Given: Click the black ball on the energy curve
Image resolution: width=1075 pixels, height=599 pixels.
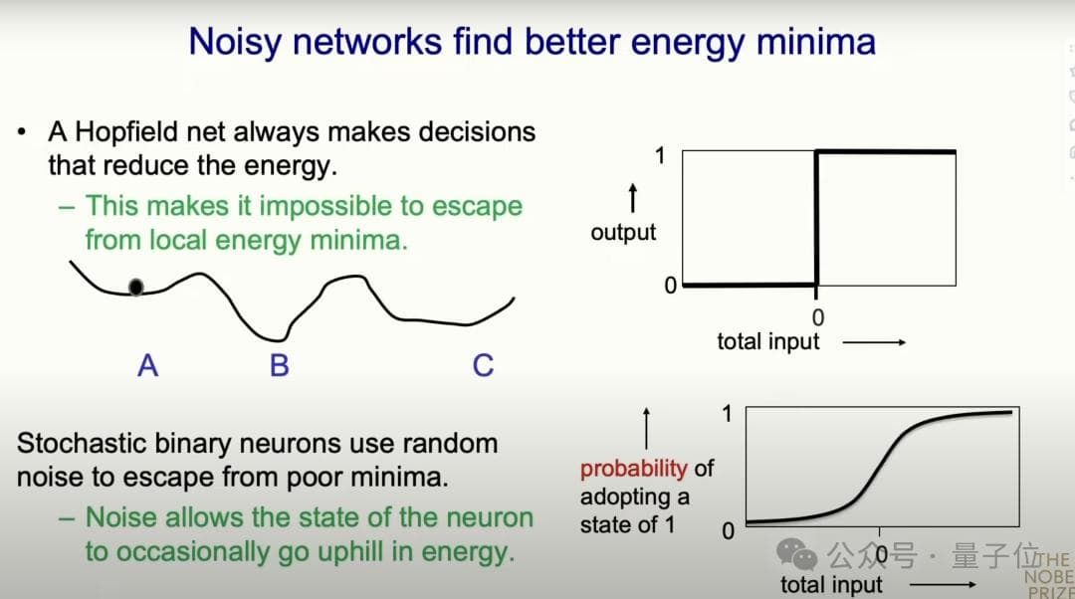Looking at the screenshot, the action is tap(135, 288).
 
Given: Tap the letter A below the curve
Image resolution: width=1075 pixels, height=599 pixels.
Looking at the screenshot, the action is tap(147, 365).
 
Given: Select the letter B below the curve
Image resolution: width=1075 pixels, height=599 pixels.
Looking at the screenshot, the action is tap(279, 365).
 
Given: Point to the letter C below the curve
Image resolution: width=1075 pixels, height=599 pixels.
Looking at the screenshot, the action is tap(483, 365).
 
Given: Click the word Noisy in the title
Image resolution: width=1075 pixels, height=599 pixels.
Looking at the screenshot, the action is tap(235, 43).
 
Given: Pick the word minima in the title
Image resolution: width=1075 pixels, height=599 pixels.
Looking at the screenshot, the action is tap(816, 42).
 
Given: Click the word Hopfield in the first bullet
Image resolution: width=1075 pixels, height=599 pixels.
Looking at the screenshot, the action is tap(126, 131).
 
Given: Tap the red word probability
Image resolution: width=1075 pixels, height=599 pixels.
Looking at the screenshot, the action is tap(633, 469).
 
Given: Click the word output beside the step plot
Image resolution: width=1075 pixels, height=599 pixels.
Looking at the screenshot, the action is tap(623, 232).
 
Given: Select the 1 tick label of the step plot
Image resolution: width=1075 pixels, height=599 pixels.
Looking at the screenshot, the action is tap(660, 155).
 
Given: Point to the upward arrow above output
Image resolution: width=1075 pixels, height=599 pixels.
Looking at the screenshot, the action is tap(633, 198).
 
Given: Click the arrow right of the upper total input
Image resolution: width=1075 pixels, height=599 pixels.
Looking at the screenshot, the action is tap(874, 342).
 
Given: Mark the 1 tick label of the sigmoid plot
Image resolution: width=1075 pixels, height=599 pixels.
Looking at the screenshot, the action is tap(727, 414).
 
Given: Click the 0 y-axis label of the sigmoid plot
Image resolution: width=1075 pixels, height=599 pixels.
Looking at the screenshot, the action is tap(728, 531).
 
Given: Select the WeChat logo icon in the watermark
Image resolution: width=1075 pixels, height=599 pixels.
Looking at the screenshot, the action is tap(796, 554).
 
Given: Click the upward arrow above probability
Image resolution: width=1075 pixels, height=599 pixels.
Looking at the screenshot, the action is tap(646, 429).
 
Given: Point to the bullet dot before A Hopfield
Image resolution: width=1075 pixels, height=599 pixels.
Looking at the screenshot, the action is tap(23, 131).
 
